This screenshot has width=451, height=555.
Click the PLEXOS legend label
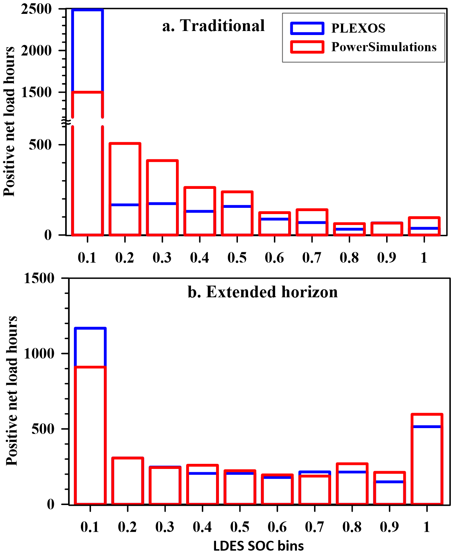pos(358,28)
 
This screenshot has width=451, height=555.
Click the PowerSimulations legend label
pos(384,47)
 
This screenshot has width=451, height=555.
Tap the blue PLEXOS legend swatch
pos(307,28)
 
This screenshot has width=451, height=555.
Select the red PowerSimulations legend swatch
pos(307,47)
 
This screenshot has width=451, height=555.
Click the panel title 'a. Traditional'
pos(213,26)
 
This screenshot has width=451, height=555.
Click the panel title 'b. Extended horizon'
pos(263,292)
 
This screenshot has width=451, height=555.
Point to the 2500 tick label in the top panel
pos(36,9)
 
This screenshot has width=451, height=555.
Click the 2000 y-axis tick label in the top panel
pos(36,50)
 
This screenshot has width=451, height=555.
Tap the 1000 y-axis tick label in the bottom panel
pos(39,353)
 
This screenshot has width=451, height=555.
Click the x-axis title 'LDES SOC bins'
pos(258,546)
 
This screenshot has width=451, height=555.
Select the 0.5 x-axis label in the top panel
pos(237,258)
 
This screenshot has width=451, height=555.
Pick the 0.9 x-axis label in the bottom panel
pos(389,527)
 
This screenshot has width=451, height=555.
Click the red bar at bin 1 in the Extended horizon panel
pos(427,459)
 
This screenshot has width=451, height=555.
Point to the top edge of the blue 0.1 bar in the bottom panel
pos(90,329)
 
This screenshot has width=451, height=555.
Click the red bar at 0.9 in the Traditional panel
pos(387,229)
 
